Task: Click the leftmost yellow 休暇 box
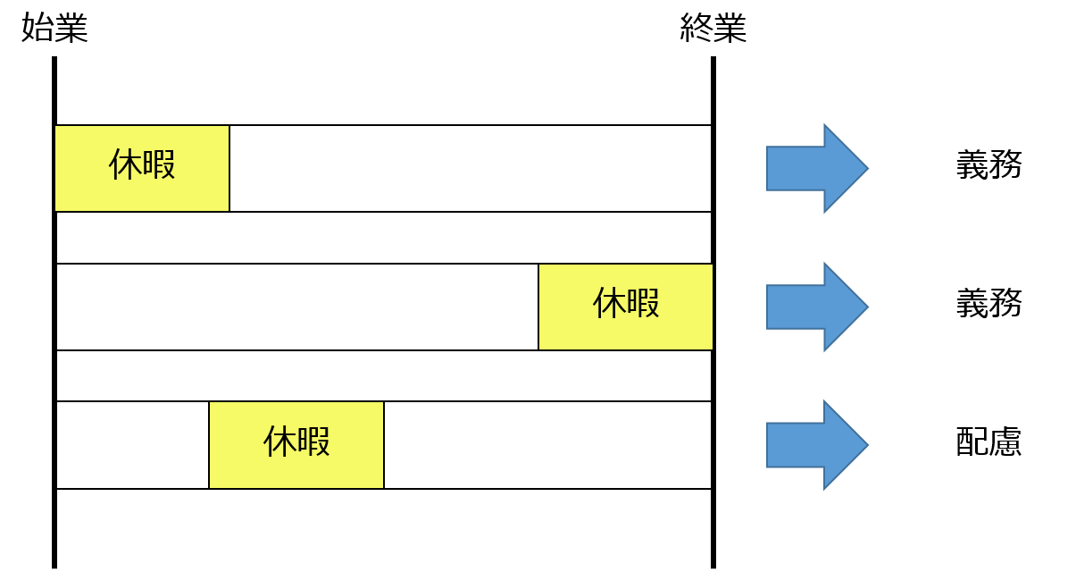pos(142,168)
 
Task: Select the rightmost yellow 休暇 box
pos(626,307)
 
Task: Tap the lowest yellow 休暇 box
pos(296,444)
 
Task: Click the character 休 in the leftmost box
pos(125,164)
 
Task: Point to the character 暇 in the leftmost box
pos(159,164)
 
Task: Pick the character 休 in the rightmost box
pos(609,303)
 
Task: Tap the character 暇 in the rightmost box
pos(643,303)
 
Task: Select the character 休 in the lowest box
pos(279,442)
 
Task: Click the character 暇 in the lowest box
pos(313,442)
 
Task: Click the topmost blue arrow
pos(814,168)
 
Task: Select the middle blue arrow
pos(814,307)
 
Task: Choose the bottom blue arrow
pos(814,445)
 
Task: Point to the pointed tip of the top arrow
pos(865,168)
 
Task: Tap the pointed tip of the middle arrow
pos(865,307)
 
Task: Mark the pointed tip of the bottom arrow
pos(865,445)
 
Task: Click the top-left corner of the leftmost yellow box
pos(56,127)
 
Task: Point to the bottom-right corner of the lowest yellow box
pos(381,486)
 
